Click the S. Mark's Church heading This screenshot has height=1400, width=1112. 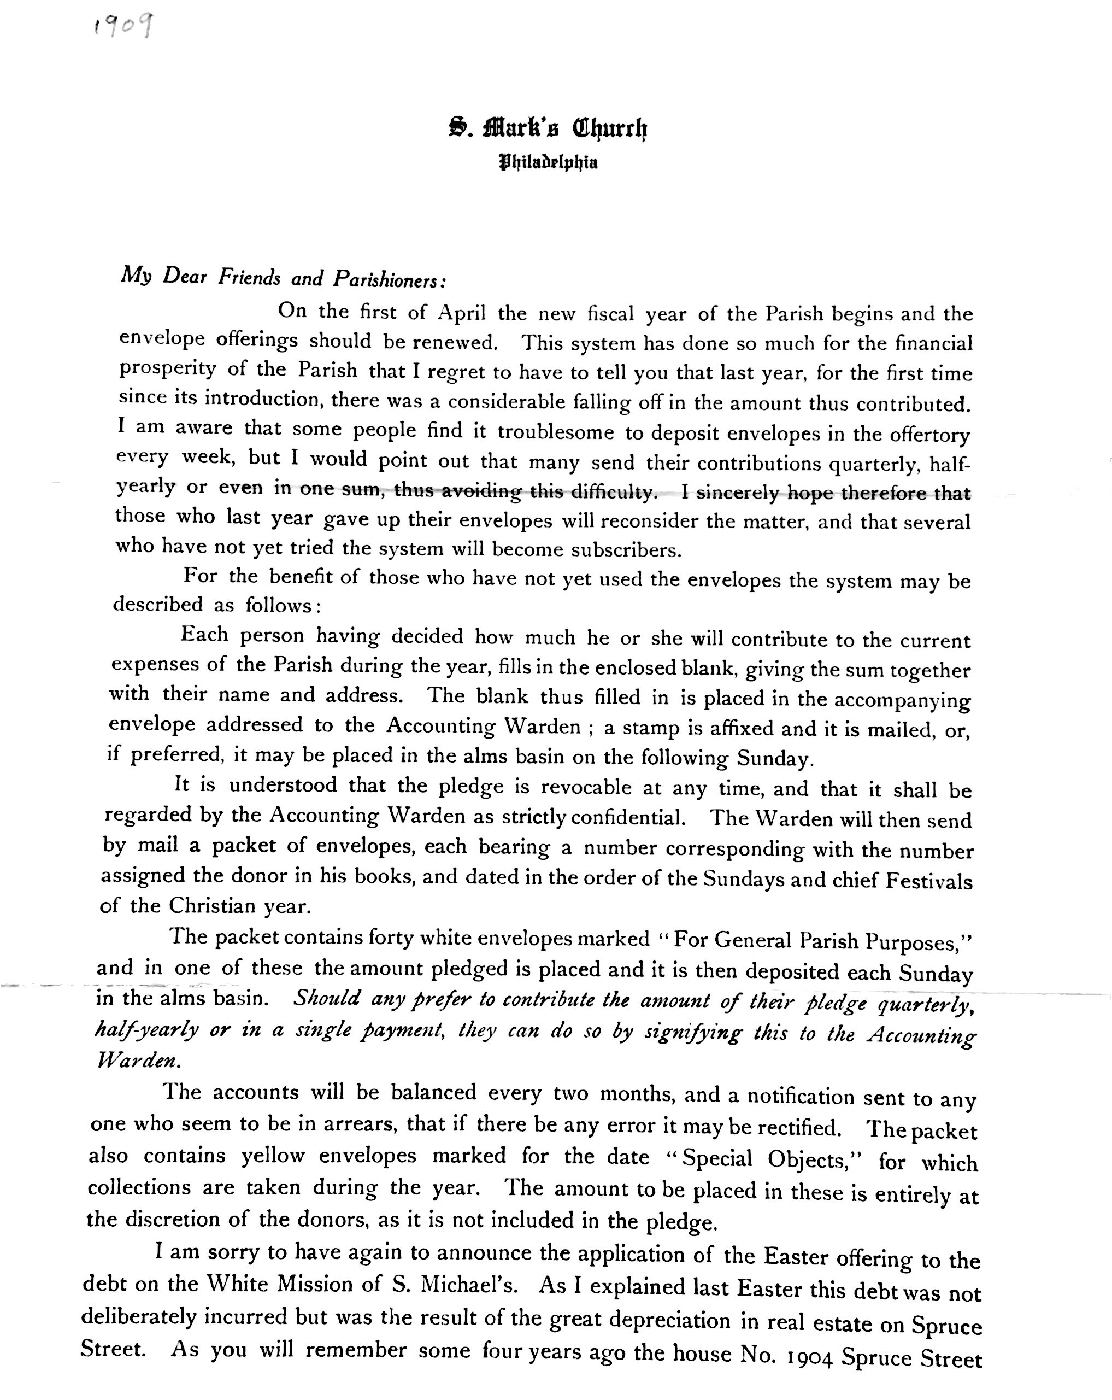coord(549,128)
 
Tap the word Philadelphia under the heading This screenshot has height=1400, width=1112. coord(549,162)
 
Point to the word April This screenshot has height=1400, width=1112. coord(462,313)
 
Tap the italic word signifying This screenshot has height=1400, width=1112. coord(692,1032)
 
